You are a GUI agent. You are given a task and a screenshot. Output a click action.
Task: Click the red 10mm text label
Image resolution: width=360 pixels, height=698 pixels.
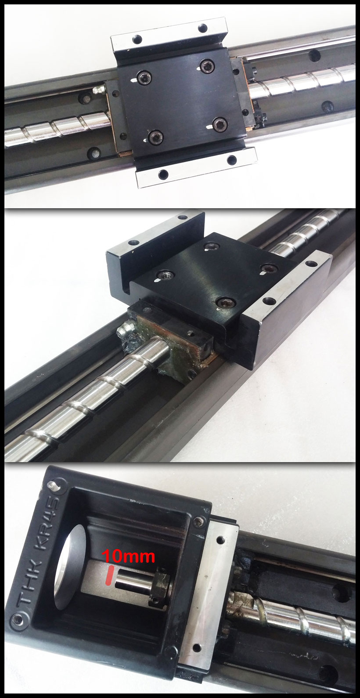(129, 556)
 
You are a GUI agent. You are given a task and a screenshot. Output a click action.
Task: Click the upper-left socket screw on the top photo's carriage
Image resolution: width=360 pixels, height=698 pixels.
(144, 79)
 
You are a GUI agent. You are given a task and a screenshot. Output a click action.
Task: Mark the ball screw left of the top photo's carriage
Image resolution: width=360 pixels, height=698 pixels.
(57, 127)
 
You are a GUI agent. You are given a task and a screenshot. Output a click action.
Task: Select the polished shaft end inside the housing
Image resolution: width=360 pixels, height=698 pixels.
(132, 580)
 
